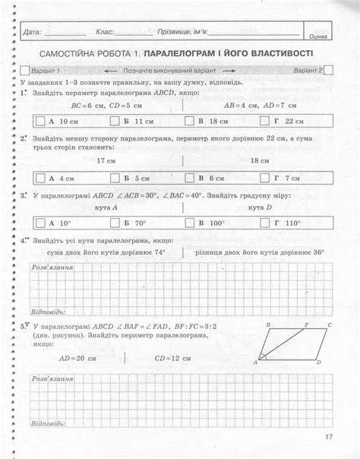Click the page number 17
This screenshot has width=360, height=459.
(x=328, y=436)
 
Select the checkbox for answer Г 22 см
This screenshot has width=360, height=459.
(x=264, y=121)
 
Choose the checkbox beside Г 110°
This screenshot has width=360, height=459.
(x=264, y=223)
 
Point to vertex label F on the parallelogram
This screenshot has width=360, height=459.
(x=296, y=324)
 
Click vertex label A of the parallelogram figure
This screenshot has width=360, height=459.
(x=255, y=362)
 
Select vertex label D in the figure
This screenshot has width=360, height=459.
(x=318, y=362)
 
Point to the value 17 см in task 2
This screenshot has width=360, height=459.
(x=106, y=161)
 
